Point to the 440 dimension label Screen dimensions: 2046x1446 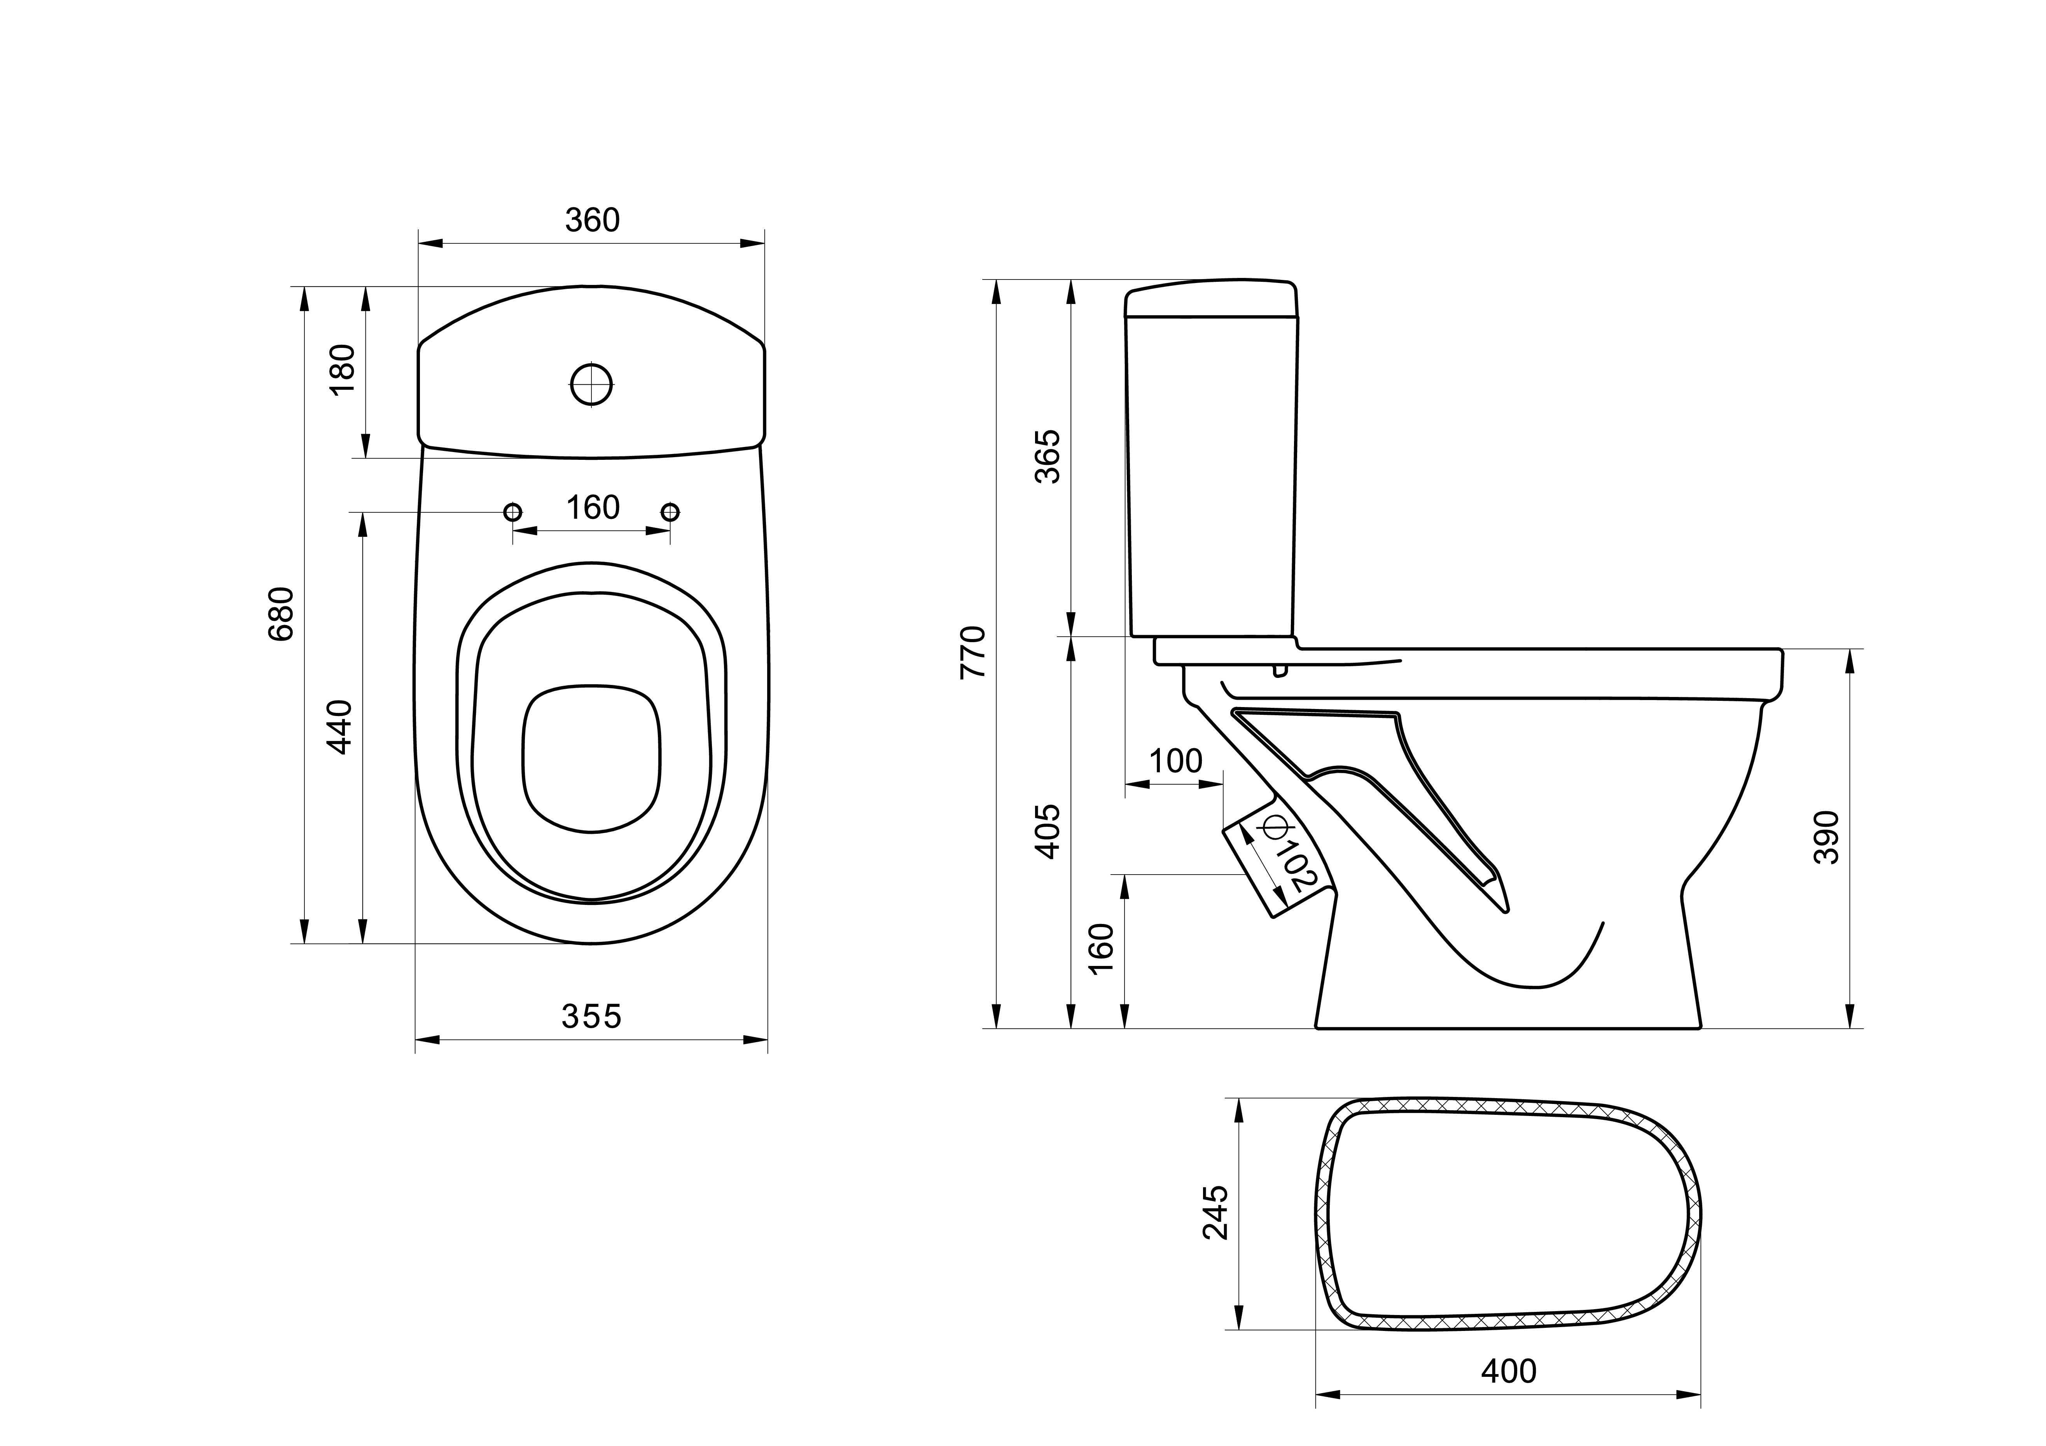pyautogui.click(x=340, y=727)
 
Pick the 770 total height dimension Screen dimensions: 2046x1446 pyautogui.click(x=973, y=653)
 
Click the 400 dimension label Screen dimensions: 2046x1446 pyautogui.click(x=1509, y=1371)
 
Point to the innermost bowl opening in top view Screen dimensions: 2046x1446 pyautogui.click(x=592, y=758)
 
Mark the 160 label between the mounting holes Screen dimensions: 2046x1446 pyautogui.click(x=593, y=508)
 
